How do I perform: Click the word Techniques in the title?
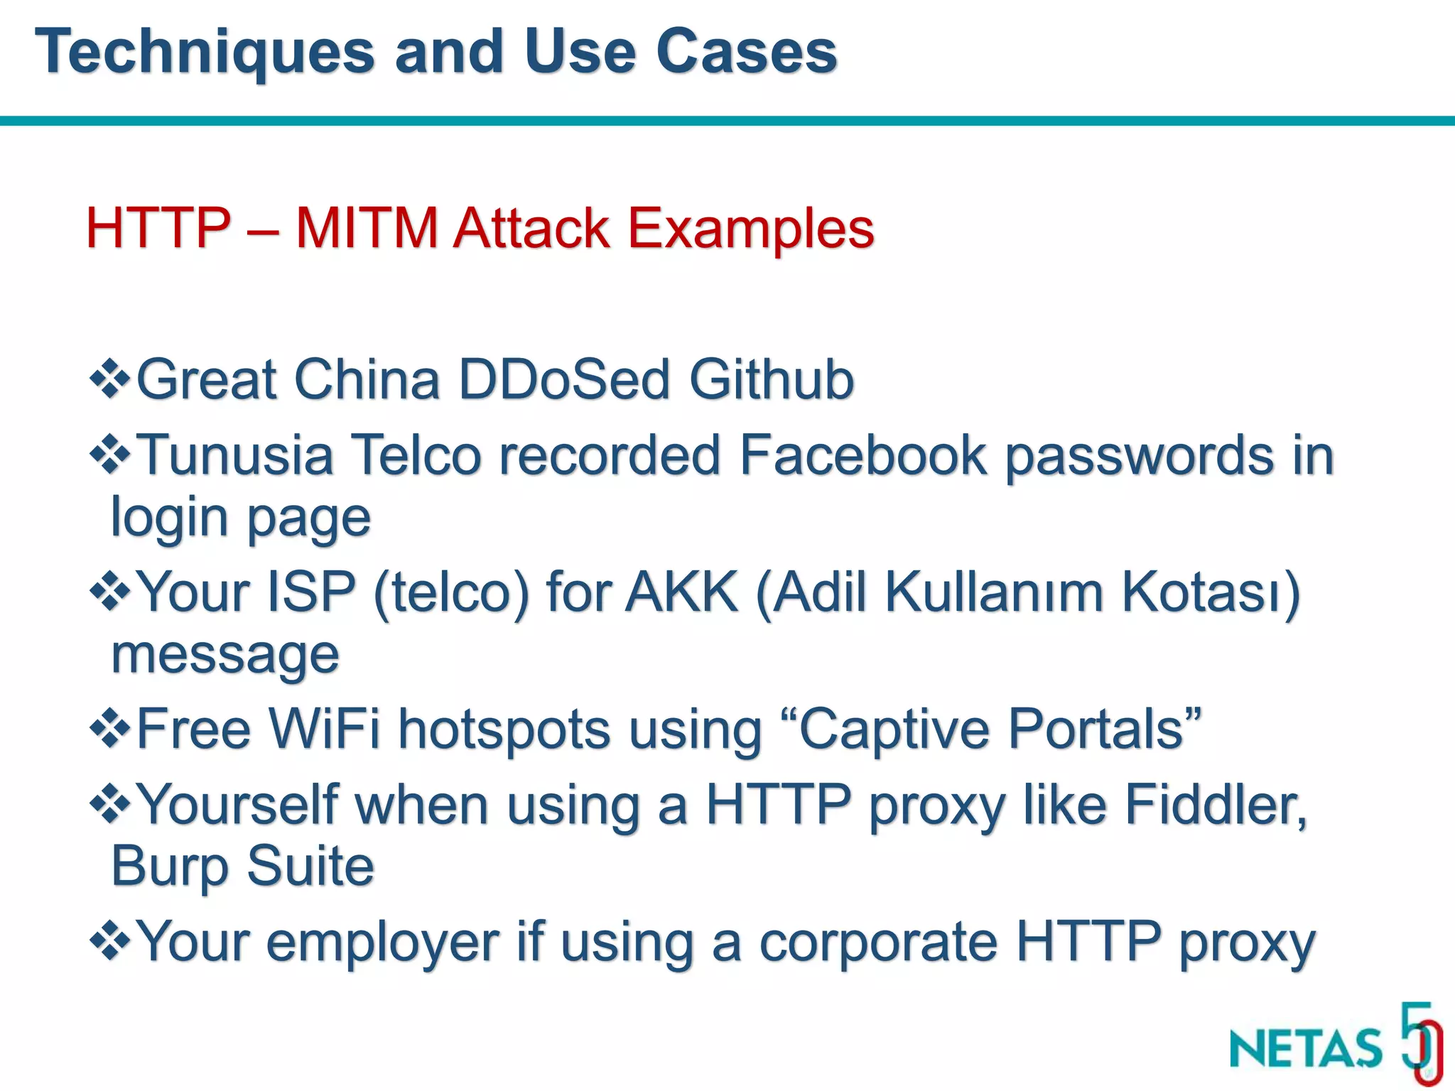click(205, 53)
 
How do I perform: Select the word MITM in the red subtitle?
click(367, 229)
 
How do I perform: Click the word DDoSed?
click(564, 379)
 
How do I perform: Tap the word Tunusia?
click(234, 455)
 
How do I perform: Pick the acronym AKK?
click(681, 592)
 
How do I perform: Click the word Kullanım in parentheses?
click(994, 592)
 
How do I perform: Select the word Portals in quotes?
click(1096, 729)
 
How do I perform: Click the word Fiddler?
click(1215, 805)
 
